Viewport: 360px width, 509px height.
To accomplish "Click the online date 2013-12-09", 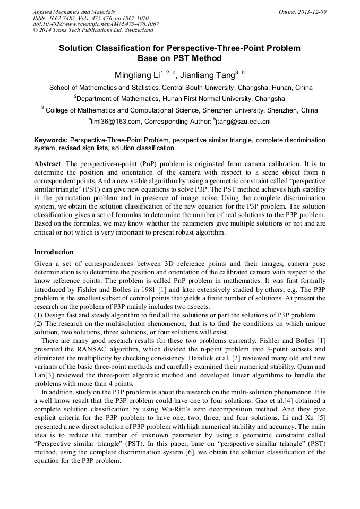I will coord(312,12).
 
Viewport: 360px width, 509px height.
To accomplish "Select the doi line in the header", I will coord(96,24).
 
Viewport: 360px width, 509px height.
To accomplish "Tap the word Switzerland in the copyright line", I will coord(135,30).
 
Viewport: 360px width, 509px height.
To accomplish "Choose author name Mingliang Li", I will coord(137,75).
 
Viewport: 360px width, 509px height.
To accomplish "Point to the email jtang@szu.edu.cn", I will coord(244,122).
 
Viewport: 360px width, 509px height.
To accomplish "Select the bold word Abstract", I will coord(48,165).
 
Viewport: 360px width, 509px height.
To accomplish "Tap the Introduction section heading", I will coord(54,252).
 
